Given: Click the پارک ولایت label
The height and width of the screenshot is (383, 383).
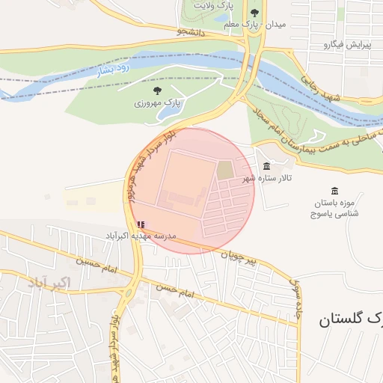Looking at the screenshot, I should point(213,5).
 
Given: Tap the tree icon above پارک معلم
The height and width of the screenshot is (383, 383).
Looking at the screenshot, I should point(254,13).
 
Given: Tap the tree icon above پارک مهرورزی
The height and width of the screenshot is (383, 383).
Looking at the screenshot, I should point(156,90).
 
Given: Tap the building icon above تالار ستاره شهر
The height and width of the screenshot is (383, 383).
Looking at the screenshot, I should point(267,166).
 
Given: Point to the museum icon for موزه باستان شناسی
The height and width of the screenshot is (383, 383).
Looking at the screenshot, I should point(334,191).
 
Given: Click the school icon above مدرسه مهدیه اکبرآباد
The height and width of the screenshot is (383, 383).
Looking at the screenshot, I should point(141,224).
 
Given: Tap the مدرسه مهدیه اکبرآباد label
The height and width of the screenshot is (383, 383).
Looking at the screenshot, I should point(140,236).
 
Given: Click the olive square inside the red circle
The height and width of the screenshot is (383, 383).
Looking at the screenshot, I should point(225,170).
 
